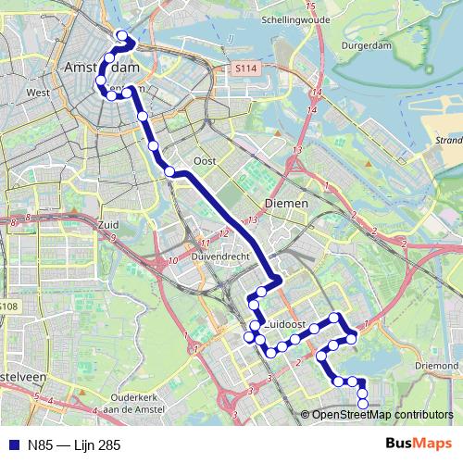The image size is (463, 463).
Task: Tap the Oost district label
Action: click(x=206, y=160)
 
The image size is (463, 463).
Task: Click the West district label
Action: click(x=38, y=93)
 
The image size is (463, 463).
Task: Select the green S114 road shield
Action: click(x=245, y=69)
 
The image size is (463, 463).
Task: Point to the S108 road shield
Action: click(x=8, y=306)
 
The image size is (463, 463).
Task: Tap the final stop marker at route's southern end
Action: click(x=362, y=402)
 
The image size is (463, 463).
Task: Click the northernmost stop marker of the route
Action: click(x=121, y=36)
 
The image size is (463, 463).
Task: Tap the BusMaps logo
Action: click(x=417, y=444)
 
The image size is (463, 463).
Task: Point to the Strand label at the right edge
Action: click(x=448, y=141)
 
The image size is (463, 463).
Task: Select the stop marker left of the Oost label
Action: click(x=169, y=170)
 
